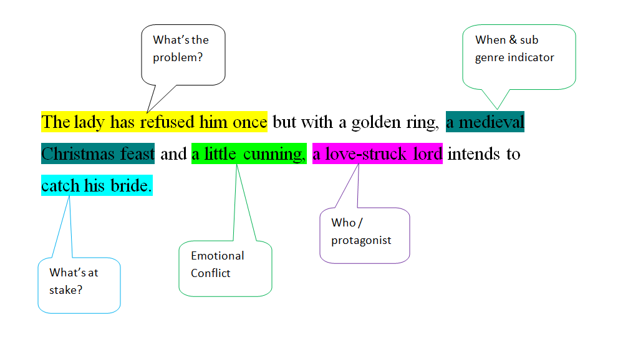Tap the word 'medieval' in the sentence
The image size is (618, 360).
click(491, 122)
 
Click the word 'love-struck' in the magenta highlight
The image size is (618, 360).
click(366, 153)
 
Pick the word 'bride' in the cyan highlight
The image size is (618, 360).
click(131, 185)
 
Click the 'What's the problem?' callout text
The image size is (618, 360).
click(181, 49)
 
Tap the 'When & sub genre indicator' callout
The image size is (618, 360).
click(514, 49)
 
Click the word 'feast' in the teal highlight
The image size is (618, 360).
click(138, 153)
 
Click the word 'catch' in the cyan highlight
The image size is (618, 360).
click(60, 185)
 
